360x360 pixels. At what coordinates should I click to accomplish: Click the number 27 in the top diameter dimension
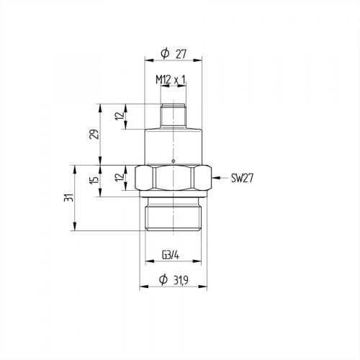tap(181, 54)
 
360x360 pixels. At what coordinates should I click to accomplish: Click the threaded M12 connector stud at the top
tap(173, 115)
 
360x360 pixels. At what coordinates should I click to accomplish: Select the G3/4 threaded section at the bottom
tap(173, 216)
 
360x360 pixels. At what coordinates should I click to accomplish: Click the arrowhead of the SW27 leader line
tap(215, 177)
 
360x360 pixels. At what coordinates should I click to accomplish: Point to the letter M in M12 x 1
tap(158, 78)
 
